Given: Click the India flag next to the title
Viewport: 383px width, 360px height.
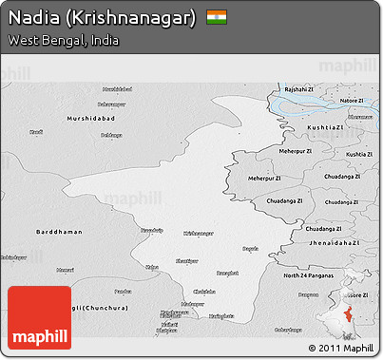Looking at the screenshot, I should point(218,17).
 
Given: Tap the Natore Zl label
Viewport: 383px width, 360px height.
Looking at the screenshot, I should point(352,100).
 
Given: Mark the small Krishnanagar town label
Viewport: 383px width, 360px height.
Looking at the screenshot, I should point(199,232).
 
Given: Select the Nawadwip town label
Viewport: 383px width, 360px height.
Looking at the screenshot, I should point(152,230).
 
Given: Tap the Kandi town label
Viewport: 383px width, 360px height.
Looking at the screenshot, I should point(37,132).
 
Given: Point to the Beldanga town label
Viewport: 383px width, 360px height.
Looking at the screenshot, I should point(112,134).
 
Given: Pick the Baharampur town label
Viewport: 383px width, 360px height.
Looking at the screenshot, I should point(112,103).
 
